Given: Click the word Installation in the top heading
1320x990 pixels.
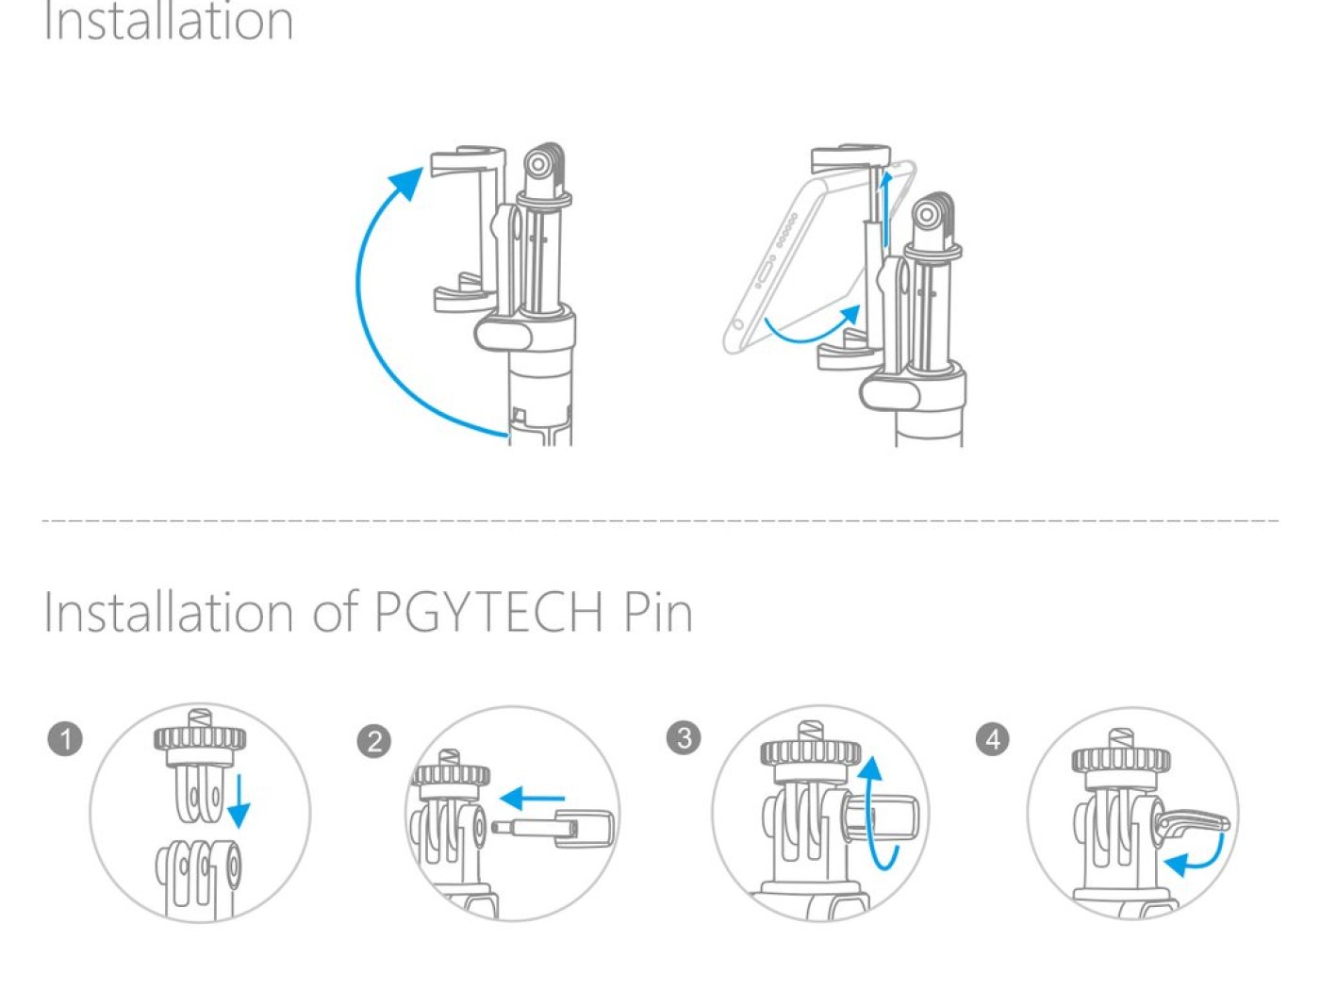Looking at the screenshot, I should (x=168, y=21).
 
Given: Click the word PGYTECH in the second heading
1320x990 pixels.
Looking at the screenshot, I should (x=488, y=612).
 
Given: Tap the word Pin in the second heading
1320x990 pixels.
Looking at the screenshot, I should (x=657, y=612).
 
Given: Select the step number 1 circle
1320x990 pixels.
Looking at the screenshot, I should (x=65, y=738).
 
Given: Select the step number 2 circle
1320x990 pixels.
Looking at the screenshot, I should (x=374, y=741).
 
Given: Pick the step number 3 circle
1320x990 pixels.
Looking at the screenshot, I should (x=684, y=737).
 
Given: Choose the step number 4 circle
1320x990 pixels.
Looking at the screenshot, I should (x=992, y=738).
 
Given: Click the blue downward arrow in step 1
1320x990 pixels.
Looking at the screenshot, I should (x=239, y=801).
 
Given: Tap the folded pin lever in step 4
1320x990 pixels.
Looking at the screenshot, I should (x=1193, y=825).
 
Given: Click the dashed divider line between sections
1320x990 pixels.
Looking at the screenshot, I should (x=660, y=520).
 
